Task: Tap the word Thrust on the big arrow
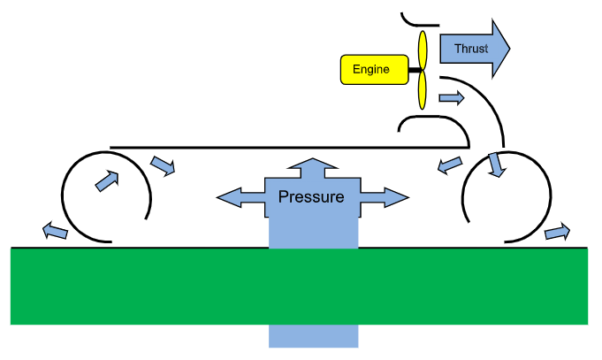click(470, 48)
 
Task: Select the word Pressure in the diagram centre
click(311, 195)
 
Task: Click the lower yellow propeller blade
click(423, 91)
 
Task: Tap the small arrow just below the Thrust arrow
click(452, 96)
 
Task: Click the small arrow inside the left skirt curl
click(106, 180)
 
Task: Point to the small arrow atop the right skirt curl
click(497, 165)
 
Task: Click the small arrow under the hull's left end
click(163, 165)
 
